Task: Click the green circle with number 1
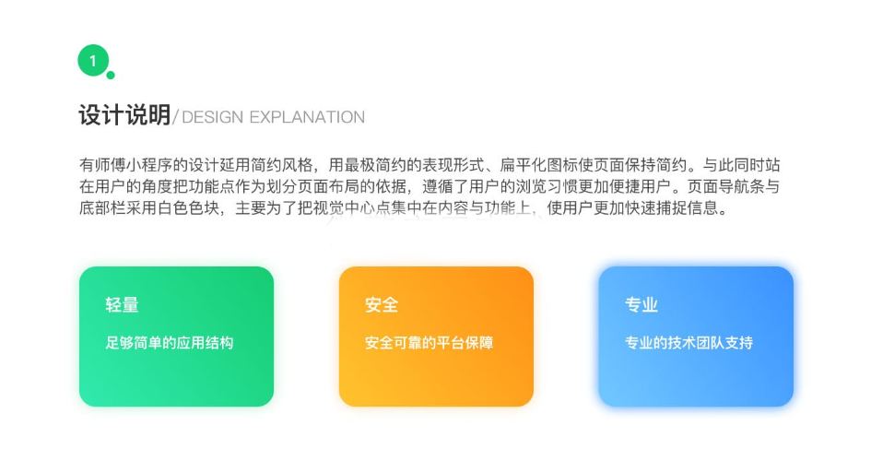tap(93, 61)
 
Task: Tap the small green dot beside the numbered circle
tap(111, 75)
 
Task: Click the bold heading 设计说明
tap(124, 115)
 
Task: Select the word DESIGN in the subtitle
tap(212, 117)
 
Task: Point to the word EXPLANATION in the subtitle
tap(307, 117)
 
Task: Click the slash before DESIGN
tap(175, 117)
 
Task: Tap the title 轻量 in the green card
tap(122, 304)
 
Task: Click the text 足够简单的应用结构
tap(170, 343)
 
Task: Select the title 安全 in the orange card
tap(381, 304)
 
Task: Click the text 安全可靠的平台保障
tap(429, 343)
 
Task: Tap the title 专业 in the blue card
tap(641, 304)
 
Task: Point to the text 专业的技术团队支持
tap(689, 343)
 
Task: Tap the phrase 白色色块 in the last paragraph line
tap(188, 207)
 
